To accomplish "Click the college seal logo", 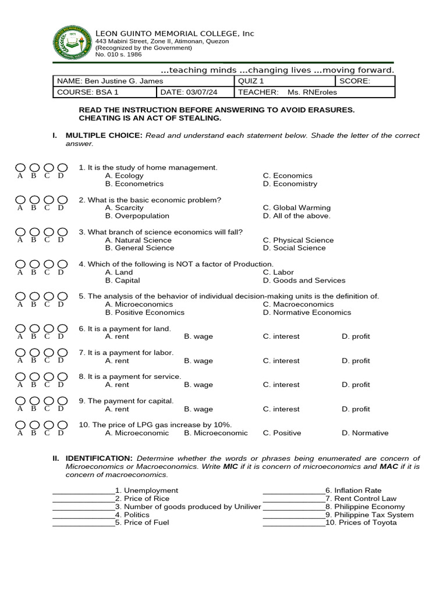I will pyautogui.click(x=73, y=44).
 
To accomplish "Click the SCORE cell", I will pyautogui.click(x=365, y=81).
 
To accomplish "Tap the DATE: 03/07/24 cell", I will pyautogui.click(x=194, y=92).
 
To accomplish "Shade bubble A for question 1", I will pyautogui.click(x=21, y=169).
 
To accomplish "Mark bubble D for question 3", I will pyautogui.click(x=62, y=232).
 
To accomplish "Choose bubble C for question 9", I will pyautogui.click(x=48, y=402).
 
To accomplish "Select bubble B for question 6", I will pyautogui.click(x=34, y=329).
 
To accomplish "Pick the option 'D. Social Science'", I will pyautogui.click(x=294, y=248).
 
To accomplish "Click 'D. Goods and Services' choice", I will pyautogui.click(x=304, y=280).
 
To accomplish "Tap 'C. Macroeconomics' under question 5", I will pyautogui.click(x=298, y=304).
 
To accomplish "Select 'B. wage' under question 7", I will pyautogui.click(x=198, y=361).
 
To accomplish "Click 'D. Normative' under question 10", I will pyautogui.click(x=365, y=433).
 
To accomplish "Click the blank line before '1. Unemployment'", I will pyautogui.click(x=83, y=492).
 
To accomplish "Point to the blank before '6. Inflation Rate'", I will pyautogui.click(x=293, y=492).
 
